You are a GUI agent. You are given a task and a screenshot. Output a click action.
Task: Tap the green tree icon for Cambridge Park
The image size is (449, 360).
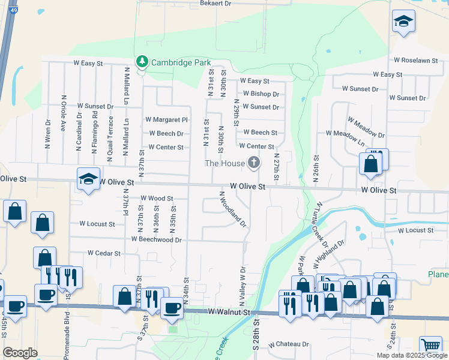pos(142,61)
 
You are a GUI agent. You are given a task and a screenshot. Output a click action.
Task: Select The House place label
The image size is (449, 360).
pos(225,163)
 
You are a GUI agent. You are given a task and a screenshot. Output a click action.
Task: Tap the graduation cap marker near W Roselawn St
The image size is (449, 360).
pos(403,22)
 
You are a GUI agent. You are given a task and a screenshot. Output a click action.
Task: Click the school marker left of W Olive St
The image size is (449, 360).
pos(88,179)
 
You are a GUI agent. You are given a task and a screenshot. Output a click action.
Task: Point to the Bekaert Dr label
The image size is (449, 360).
pos(215,4)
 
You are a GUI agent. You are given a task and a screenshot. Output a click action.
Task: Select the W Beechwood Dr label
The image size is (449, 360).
pos(157,239)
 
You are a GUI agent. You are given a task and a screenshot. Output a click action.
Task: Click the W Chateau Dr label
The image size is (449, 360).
pos(289,344)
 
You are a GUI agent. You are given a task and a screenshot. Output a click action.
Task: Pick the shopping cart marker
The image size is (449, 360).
pos(430,346)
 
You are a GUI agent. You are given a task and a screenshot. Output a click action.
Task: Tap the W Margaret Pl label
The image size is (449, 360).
pos(166,120)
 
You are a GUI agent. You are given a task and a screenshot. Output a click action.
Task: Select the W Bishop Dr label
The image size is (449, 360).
pos(260,94)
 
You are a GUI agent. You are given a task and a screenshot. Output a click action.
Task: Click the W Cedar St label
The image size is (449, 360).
pos(104,253)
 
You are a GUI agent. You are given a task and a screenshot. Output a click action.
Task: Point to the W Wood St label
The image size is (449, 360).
pos(157,198)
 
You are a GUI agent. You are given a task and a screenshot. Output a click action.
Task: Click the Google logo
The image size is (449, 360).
pos(20,353)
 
